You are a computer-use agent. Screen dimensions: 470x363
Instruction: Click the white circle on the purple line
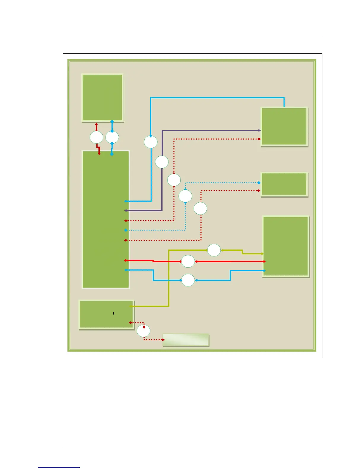pos(162,162)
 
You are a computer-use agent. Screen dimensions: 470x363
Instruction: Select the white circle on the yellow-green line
pos(214,250)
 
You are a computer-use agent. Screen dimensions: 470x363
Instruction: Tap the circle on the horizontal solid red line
pos(188,261)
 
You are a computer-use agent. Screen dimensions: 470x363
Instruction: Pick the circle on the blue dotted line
pos(185,196)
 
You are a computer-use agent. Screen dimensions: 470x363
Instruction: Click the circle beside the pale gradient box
pos(144,331)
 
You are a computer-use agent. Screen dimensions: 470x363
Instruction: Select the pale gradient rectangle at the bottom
pos(186,340)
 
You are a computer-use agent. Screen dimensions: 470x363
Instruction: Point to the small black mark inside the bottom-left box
pos(114,313)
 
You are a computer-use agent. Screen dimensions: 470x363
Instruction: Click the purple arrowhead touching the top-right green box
pos(259,131)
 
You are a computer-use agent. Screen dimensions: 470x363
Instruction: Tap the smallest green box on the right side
pos(284,184)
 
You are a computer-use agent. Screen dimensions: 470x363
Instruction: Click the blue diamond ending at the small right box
pos(259,183)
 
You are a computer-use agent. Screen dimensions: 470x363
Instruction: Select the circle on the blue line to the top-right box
pos(151,142)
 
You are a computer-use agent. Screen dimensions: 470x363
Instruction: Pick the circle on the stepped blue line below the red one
pos(188,280)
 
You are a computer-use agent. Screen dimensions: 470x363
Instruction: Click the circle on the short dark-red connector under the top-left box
pos(96,137)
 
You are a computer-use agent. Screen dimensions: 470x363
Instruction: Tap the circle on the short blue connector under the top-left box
pos(112,137)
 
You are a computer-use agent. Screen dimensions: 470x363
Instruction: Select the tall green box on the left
pos(106,220)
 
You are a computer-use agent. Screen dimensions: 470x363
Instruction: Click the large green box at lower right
pos(286,246)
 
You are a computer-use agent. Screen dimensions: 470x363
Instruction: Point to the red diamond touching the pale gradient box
pos(163,340)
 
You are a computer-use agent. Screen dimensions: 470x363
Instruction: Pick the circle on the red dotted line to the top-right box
pos(174,180)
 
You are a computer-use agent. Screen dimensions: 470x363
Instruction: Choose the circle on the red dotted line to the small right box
pos(200,209)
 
